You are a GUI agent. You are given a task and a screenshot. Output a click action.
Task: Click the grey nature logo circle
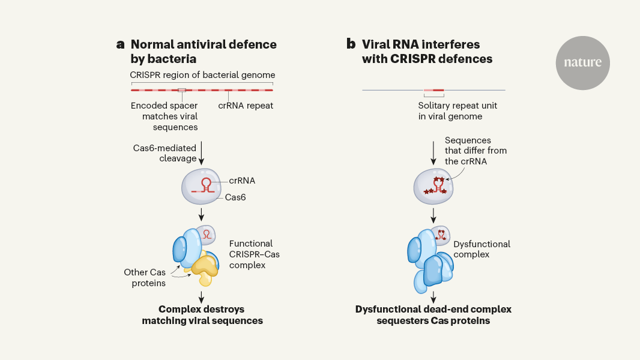click(582, 63)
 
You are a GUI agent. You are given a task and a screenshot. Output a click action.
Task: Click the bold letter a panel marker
click(121, 44)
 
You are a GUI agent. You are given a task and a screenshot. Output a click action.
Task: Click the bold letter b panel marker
click(351, 44)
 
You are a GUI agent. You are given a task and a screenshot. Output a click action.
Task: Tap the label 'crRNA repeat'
click(246, 106)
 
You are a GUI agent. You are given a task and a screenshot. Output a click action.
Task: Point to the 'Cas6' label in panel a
click(236, 197)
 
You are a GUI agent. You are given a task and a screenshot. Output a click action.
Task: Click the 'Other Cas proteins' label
click(145, 277)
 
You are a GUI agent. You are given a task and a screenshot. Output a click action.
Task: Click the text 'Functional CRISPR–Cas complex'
click(254, 254)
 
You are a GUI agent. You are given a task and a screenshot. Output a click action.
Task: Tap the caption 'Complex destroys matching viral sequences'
click(202, 315)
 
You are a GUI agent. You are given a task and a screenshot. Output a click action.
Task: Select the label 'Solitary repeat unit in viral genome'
click(457, 111)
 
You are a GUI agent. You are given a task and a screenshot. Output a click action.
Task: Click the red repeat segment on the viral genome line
click(433, 91)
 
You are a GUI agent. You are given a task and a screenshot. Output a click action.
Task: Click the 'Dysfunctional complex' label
click(482, 249)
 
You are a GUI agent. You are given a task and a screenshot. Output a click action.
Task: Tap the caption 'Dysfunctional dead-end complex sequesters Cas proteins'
click(433, 315)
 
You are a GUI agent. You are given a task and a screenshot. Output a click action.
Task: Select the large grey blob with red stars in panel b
click(433, 185)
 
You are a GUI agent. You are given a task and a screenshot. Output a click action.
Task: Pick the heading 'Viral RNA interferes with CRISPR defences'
click(427, 52)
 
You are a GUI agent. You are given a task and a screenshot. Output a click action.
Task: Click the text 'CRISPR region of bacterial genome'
click(202, 75)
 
